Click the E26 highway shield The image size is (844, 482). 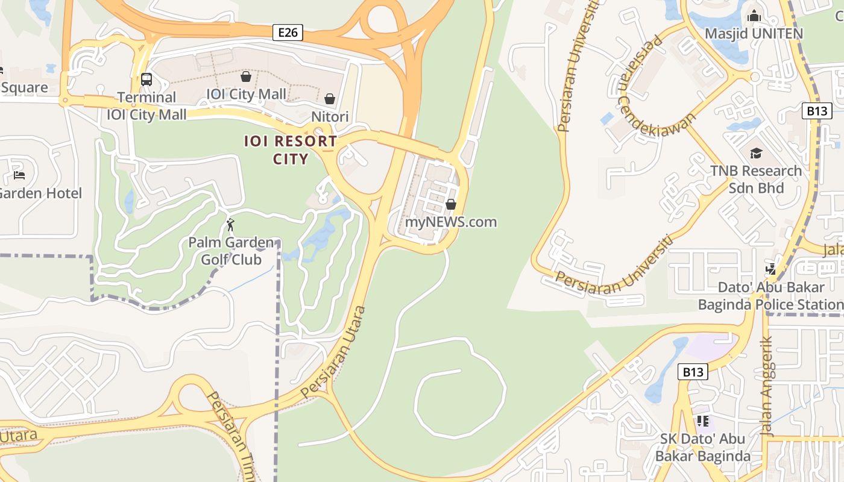[288, 33]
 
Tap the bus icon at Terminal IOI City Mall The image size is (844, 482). [146, 79]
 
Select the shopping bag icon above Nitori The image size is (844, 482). [330, 98]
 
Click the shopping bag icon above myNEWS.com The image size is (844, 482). [451, 204]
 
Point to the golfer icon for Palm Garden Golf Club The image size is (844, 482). [230, 225]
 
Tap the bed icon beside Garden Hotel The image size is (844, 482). [19, 175]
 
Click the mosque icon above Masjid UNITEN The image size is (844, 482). [754, 16]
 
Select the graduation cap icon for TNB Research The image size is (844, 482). [756, 153]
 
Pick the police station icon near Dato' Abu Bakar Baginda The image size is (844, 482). [771, 269]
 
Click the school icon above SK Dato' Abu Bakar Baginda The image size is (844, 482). [702, 421]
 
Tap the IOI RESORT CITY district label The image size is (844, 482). [291, 150]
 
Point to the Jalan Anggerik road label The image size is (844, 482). [767, 386]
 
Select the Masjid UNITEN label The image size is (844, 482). [754, 34]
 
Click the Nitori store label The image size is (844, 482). [330, 116]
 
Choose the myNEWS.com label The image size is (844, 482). [451, 222]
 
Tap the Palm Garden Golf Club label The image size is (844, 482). [231, 251]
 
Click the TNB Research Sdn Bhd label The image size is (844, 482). [756, 180]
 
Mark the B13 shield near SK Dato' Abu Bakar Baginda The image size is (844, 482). [693, 372]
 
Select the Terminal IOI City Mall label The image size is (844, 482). [146, 106]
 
